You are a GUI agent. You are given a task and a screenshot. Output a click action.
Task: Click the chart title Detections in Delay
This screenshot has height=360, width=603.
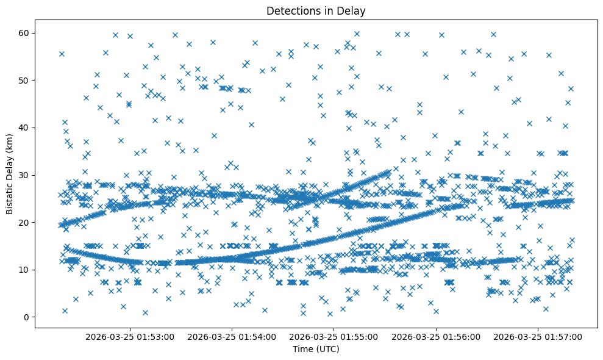tap(316, 10)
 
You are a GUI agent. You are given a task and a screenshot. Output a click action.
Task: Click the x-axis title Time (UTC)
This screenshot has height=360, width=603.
tap(316, 350)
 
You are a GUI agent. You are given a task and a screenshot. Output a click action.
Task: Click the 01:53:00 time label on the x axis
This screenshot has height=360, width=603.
tap(130, 336)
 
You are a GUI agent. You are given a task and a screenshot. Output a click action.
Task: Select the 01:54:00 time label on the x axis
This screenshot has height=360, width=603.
tap(232, 336)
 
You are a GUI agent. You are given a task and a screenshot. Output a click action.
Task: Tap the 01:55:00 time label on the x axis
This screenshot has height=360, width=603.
tap(334, 336)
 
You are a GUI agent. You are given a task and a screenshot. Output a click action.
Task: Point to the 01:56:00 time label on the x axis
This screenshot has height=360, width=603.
tap(436, 336)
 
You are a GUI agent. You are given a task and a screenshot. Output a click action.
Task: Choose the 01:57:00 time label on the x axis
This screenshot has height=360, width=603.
tap(538, 336)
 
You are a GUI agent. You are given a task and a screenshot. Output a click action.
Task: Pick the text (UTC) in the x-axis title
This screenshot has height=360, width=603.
tap(327, 350)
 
